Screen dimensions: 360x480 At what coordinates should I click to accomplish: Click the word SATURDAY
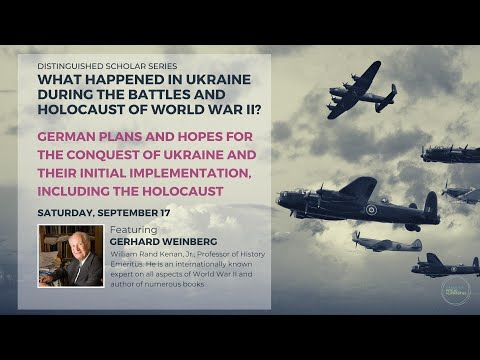point(69,212)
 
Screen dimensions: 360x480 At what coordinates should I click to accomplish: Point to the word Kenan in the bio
point(176,254)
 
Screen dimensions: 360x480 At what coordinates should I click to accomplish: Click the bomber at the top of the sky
point(359,89)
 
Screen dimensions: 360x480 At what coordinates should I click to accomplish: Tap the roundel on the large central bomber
point(372,210)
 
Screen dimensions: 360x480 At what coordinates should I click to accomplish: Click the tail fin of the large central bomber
point(430,205)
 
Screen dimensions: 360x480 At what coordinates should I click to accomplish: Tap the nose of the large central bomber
point(284,199)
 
